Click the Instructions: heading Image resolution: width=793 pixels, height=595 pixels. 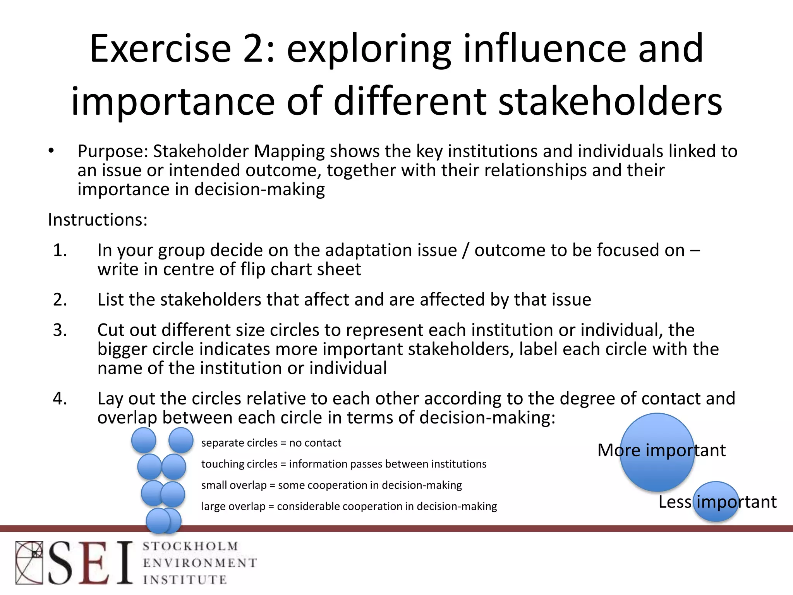pyautogui.click(x=98, y=220)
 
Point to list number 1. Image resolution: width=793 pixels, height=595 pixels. pyautogui.click(x=60, y=250)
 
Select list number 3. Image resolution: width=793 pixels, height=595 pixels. pyautogui.click(x=60, y=330)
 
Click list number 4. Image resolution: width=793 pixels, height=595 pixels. pyautogui.click(x=60, y=399)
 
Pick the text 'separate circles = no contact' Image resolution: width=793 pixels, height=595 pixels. pyautogui.click(x=271, y=443)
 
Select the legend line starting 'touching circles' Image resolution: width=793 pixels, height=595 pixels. pyautogui.click(x=343, y=464)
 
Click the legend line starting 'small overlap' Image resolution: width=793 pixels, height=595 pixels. pyautogui.click(x=331, y=485)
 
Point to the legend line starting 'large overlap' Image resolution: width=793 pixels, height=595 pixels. pyautogui.click(x=349, y=506)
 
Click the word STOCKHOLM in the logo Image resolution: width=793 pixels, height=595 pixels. pyautogui.click(x=190, y=547)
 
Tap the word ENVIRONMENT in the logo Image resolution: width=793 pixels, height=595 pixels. pyautogui.click(x=199, y=563)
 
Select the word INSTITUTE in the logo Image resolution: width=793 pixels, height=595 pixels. pyautogui.click(x=185, y=580)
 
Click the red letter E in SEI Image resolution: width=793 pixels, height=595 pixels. pyautogui.click(x=94, y=562)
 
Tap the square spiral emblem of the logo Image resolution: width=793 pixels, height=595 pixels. pyautogui.click(x=29, y=562)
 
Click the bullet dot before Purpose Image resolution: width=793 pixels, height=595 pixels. pyautogui.click(x=51, y=151)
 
